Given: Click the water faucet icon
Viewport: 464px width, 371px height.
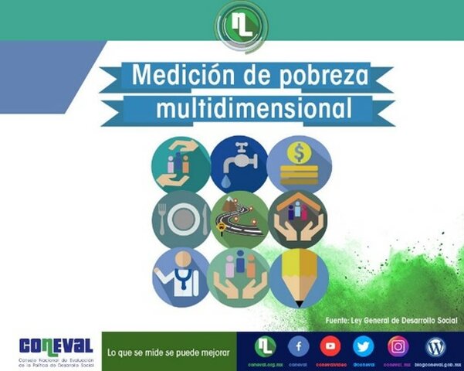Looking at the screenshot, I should [237, 157].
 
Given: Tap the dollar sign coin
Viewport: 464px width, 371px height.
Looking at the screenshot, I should [297, 151].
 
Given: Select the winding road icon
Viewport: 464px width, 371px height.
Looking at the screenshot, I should [239, 219].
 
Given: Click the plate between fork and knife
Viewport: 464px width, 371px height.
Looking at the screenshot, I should [181, 219].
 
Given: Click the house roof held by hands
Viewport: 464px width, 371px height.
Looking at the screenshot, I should [297, 206].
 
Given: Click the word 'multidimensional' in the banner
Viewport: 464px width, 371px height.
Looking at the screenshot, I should [247, 109].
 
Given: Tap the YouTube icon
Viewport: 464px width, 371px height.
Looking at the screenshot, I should [330, 345].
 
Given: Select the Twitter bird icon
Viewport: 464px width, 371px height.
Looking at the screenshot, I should [364, 345].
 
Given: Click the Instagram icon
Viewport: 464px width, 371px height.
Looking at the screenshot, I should [398, 345].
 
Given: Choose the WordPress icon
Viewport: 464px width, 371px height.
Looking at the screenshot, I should [436, 345].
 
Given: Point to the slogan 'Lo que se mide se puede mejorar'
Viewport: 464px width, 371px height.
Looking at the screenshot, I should [168, 352].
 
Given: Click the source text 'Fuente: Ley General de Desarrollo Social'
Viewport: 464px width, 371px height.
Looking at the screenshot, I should [391, 319].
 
